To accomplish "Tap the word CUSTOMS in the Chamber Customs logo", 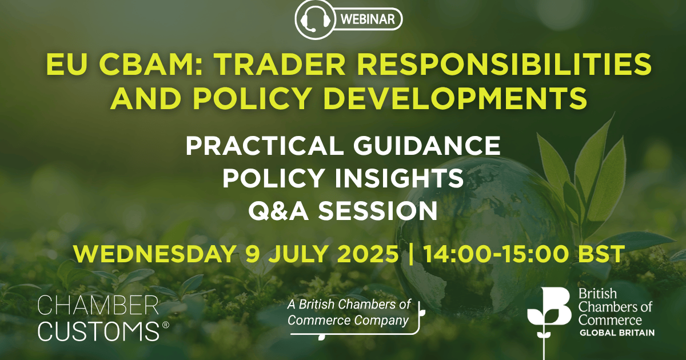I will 97,331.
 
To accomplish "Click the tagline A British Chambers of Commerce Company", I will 348,313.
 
